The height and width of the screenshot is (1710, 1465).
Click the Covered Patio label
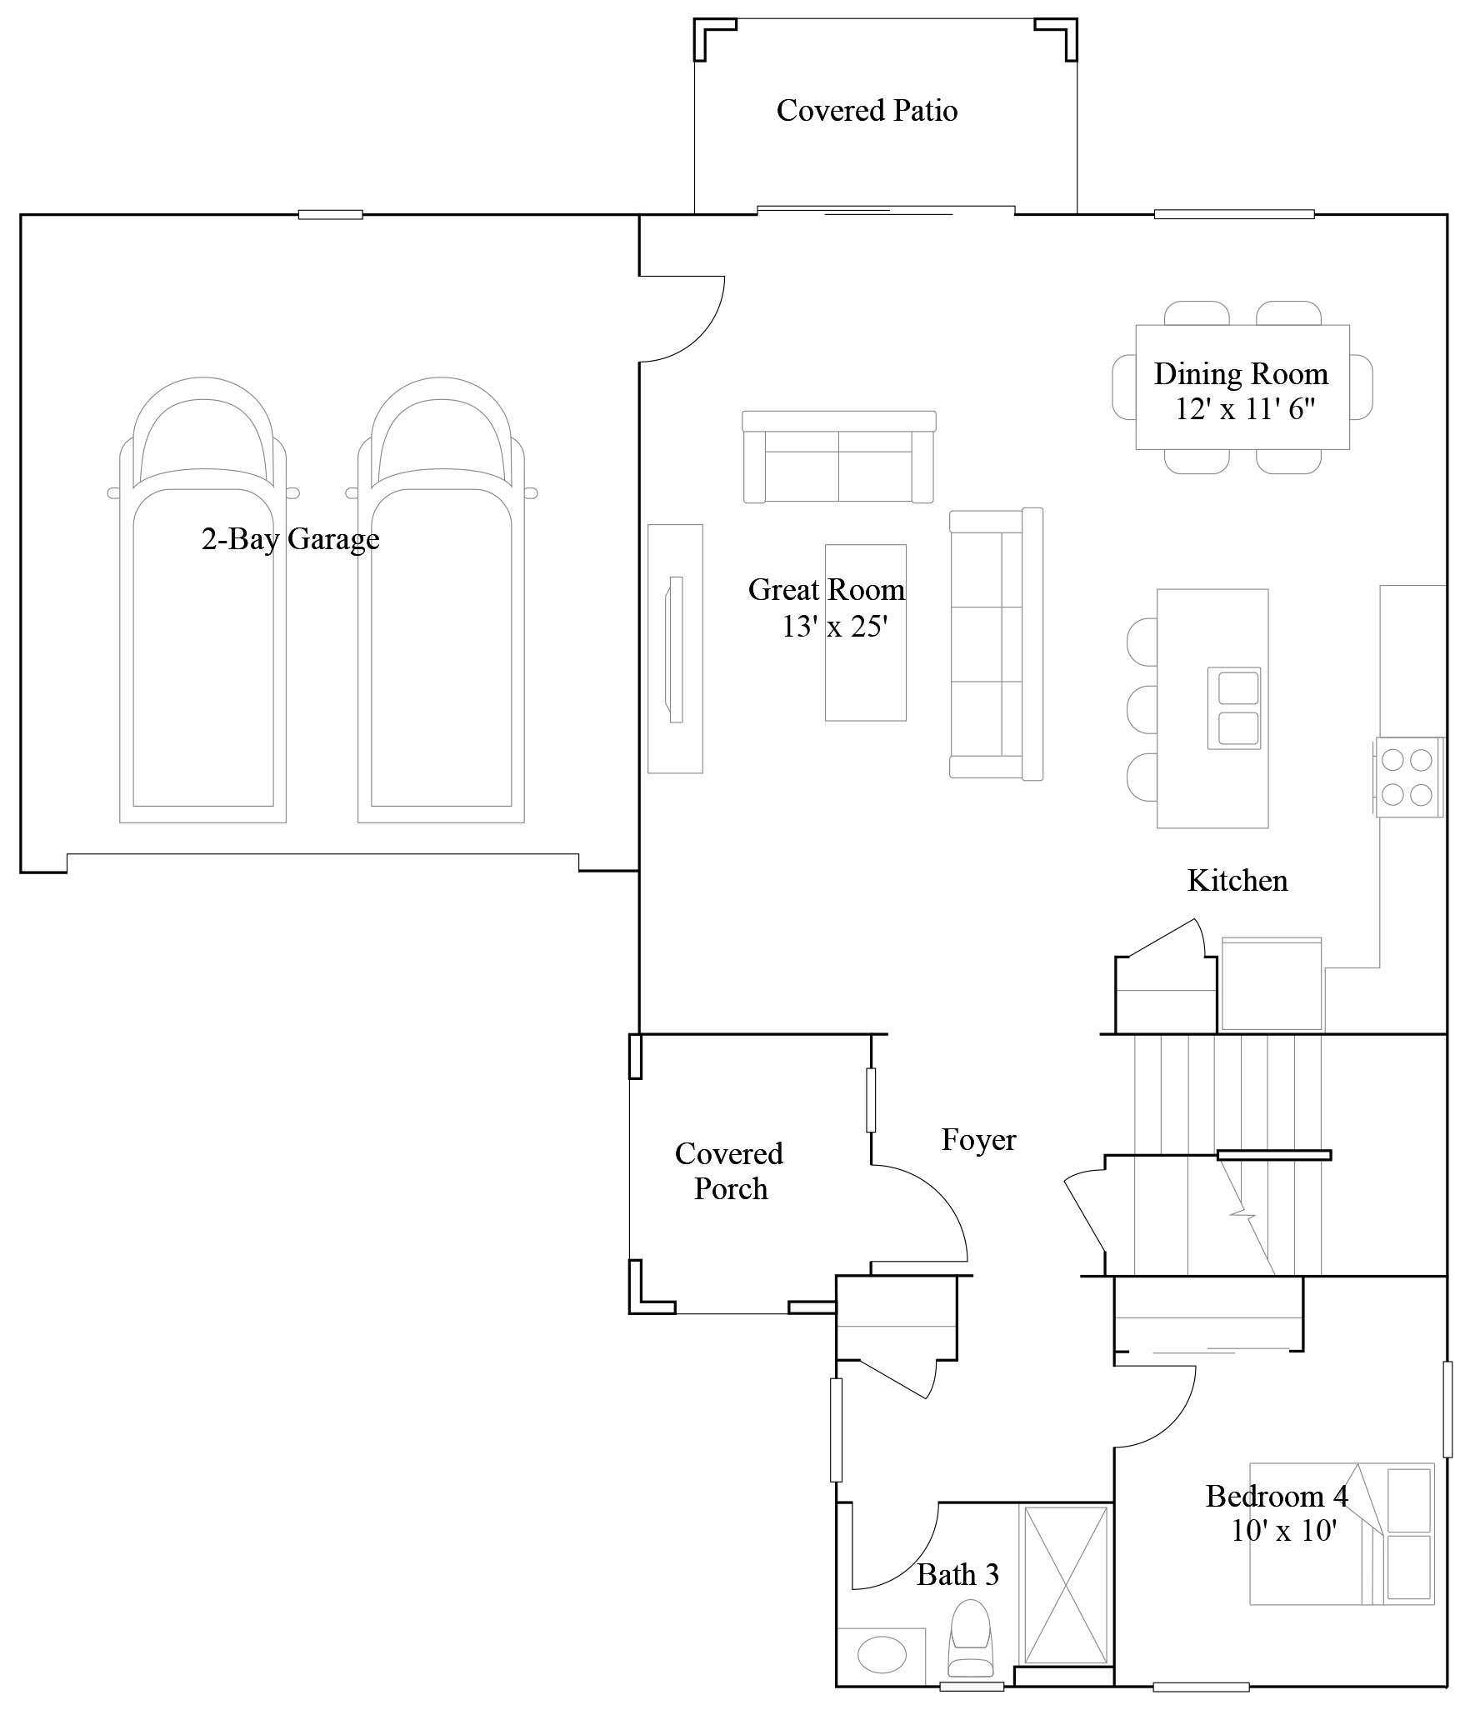coord(867,110)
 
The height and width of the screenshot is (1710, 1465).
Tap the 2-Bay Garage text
coord(290,539)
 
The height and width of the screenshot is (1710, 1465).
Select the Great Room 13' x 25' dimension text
coord(831,626)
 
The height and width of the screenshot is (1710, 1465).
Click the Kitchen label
coord(1237,880)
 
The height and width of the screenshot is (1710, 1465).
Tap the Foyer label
coord(978,1139)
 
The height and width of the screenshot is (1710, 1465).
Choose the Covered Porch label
coord(729,1170)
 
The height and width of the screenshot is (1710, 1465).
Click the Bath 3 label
coord(957,1574)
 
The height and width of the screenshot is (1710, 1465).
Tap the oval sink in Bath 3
coord(882,1654)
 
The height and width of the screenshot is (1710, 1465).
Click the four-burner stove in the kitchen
coord(1407,777)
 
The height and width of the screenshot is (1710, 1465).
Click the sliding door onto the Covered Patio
coord(886,210)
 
